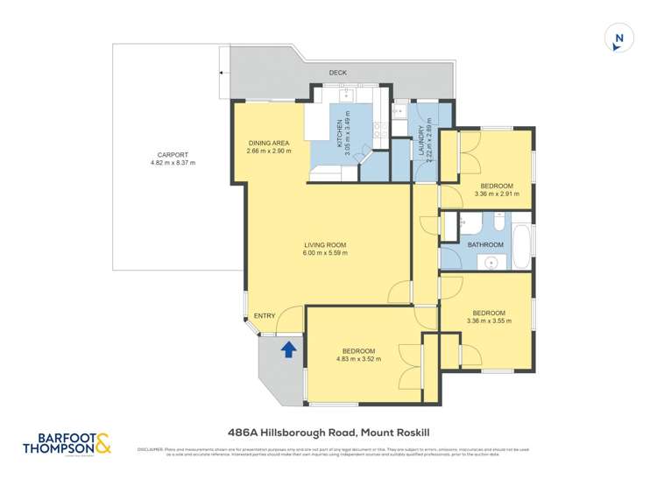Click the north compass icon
point(618,38)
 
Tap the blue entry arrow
point(286,349)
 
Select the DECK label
point(338,73)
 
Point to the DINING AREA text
point(269,143)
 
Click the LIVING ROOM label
point(326,244)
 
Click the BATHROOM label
point(484,244)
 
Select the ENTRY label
point(265,316)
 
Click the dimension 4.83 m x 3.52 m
point(358,358)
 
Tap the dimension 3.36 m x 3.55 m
point(489,321)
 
